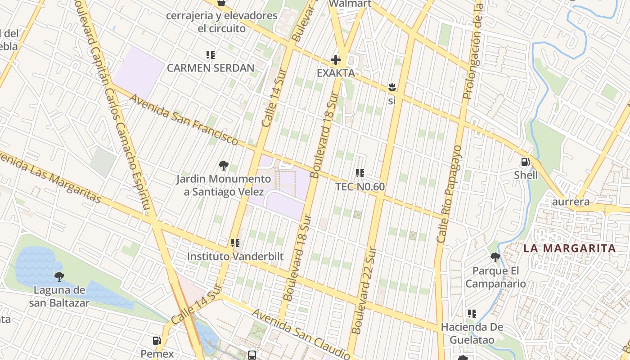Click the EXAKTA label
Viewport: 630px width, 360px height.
[336, 73]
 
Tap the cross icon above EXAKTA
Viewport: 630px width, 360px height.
[336, 60]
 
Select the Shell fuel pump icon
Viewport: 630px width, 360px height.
[525, 162]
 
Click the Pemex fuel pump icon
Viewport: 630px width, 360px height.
[157, 341]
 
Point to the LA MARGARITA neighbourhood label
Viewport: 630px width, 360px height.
[569, 248]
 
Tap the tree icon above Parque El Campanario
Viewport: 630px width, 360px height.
[495, 257]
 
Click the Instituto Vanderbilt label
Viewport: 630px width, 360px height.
[235, 256]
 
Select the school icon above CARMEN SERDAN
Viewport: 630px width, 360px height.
[210, 55]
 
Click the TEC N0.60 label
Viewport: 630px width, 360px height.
[360, 186]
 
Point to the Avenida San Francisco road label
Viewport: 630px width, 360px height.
[184, 119]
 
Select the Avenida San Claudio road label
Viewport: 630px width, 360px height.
[301, 333]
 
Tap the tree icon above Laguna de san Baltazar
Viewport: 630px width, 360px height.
[59, 276]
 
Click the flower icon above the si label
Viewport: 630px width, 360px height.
[391, 87]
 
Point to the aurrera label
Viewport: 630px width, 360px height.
[571, 202]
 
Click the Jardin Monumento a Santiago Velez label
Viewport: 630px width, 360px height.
[223, 185]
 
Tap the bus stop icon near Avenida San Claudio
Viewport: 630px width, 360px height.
[252, 355]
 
